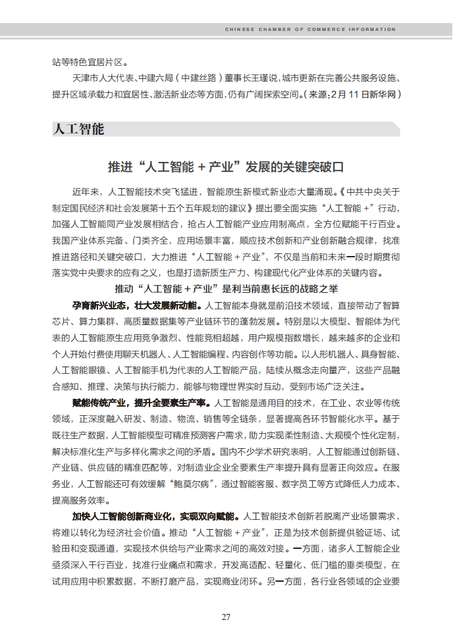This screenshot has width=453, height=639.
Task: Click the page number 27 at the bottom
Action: pos(226,617)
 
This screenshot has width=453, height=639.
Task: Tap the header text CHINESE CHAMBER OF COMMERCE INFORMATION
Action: pos(310,30)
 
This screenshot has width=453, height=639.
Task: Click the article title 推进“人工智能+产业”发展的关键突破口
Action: pos(226,166)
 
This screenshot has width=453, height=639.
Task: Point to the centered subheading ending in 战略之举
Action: pos(226,289)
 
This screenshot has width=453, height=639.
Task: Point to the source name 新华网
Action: pos(381,94)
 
